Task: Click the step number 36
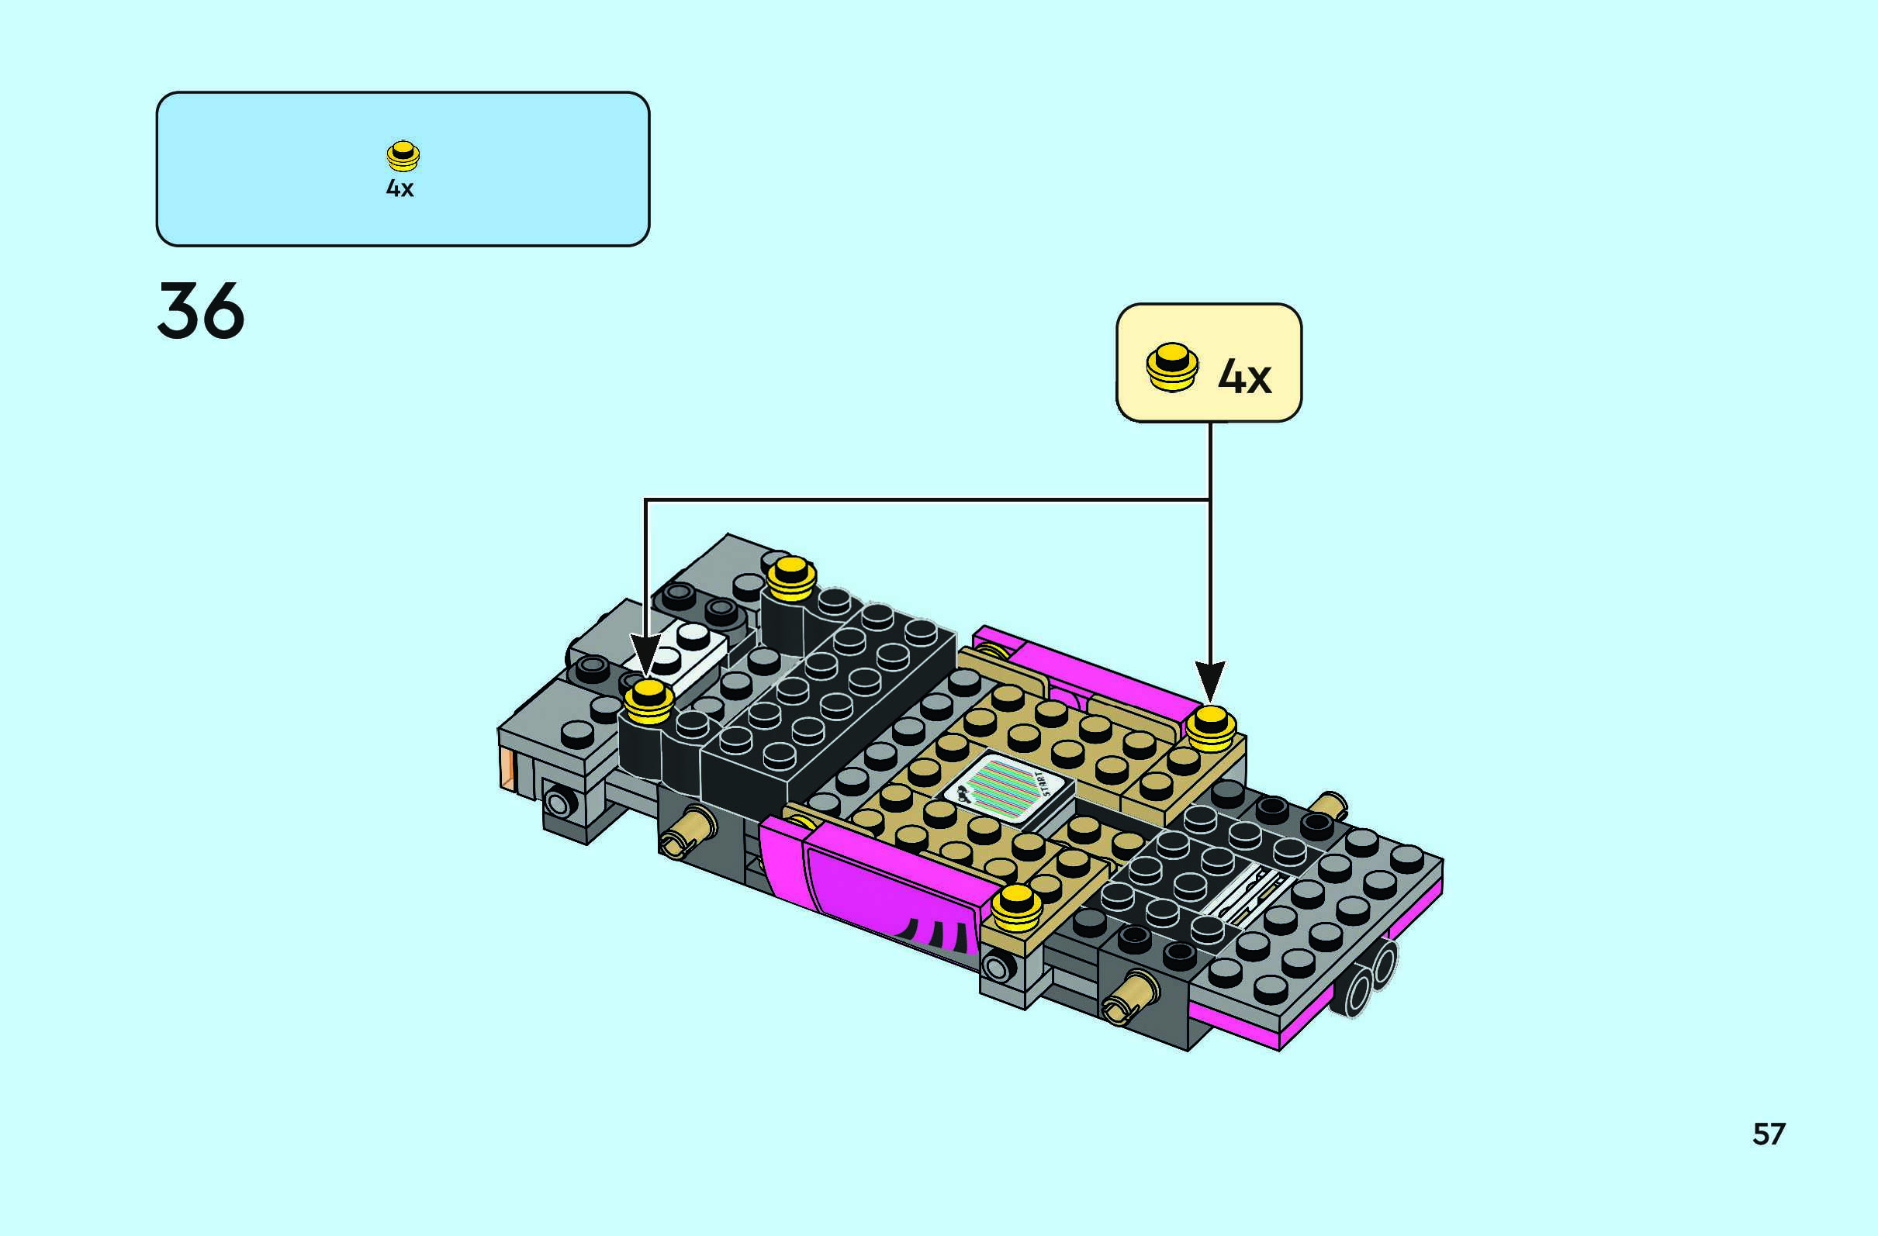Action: coord(200,312)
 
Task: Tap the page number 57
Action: coord(1769,1134)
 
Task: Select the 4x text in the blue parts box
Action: coord(399,188)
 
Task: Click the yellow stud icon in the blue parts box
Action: coord(403,155)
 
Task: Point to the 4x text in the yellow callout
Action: coord(1244,376)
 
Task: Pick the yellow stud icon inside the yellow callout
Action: coord(1172,367)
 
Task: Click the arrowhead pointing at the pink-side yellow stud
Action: coord(1209,681)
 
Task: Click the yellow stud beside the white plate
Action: coord(648,702)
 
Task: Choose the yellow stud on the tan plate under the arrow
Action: coord(1211,728)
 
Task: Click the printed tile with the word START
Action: coord(1010,789)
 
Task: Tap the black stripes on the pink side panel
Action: coord(939,934)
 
